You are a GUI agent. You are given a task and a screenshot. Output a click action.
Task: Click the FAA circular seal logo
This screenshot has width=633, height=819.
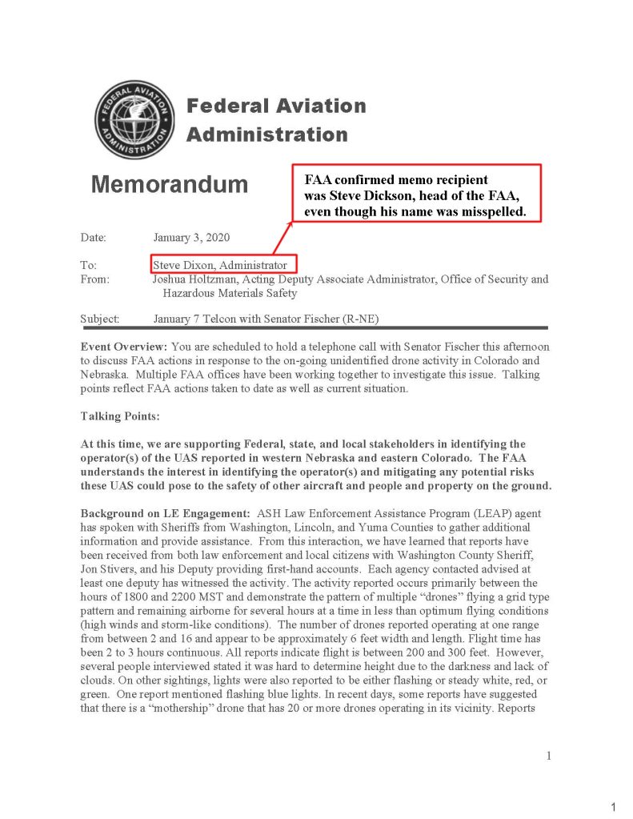(x=134, y=119)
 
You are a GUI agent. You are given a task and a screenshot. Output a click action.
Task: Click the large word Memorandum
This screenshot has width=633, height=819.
(x=170, y=185)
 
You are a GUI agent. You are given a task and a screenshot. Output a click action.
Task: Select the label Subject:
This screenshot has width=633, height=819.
(x=100, y=319)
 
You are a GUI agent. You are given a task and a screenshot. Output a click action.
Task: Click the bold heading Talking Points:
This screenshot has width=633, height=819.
(x=121, y=416)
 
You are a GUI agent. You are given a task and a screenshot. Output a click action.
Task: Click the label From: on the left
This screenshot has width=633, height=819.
(x=95, y=279)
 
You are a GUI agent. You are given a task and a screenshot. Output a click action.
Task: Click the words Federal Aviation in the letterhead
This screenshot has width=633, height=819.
(x=276, y=106)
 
